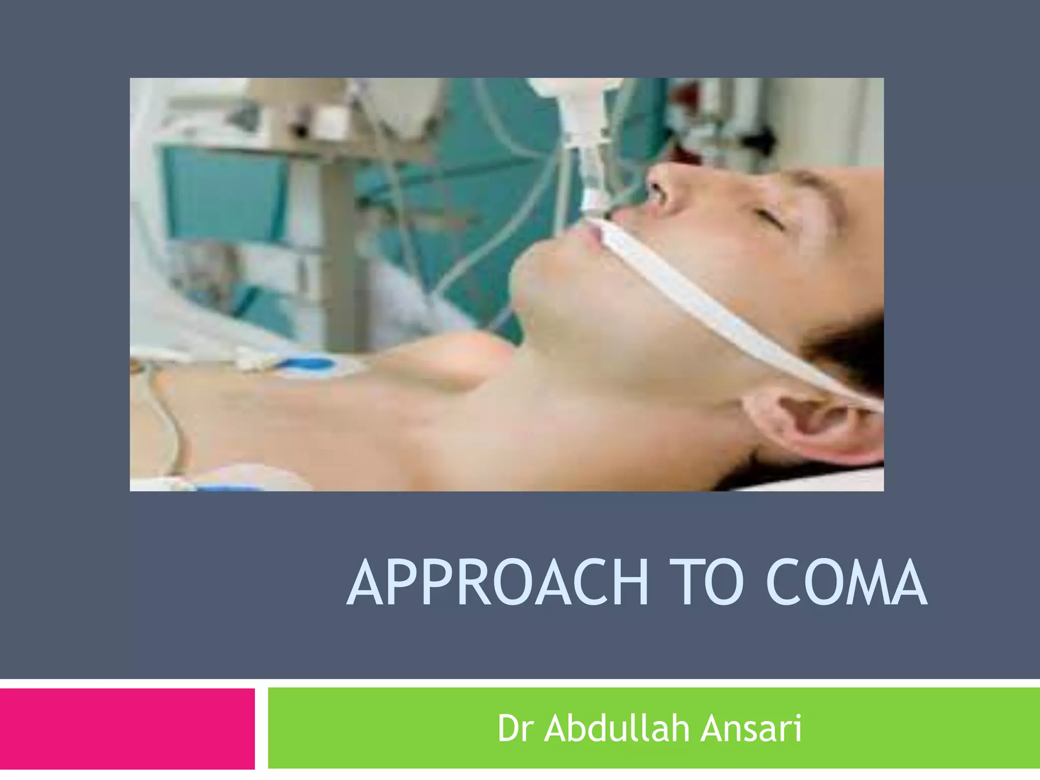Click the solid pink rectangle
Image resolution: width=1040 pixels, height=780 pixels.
[127, 728]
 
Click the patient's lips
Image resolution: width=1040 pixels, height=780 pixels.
[594, 239]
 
